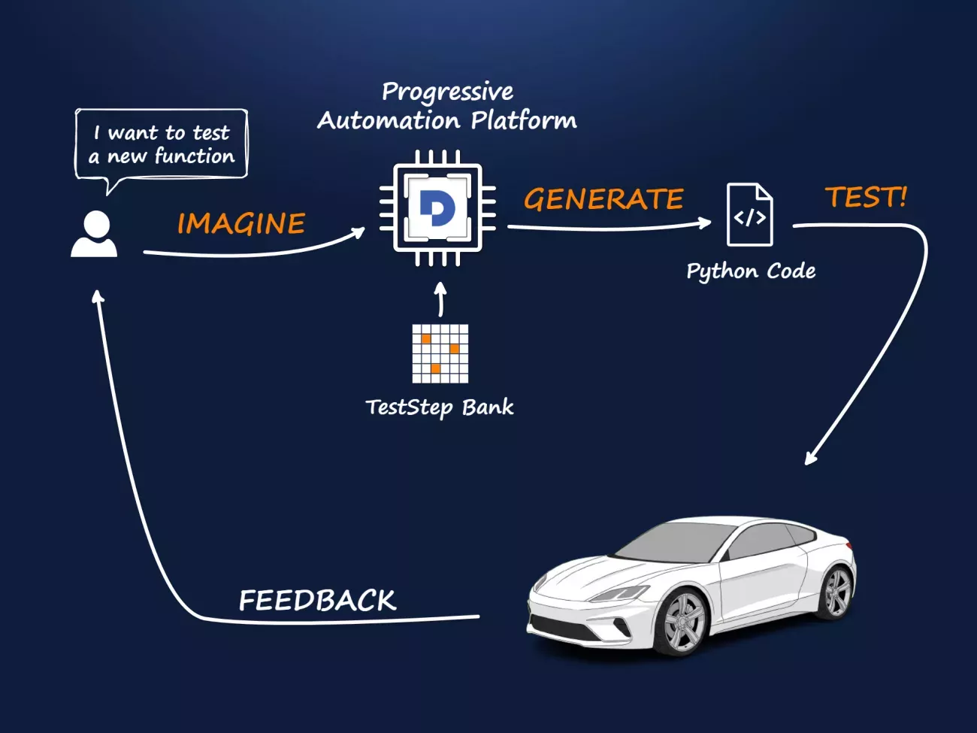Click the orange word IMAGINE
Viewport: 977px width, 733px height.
pos(241,223)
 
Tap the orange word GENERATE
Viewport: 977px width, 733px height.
pos(603,199)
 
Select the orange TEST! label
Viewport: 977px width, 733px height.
pos(866,197)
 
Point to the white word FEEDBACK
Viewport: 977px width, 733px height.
pos(317,600)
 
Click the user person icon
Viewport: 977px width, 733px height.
pos(95,235)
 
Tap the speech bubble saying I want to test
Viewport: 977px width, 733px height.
pos(161,145)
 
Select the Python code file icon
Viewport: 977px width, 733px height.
pos(749,215)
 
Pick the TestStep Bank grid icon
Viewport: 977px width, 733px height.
pos(440,353)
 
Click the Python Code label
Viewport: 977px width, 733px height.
pos(751,271)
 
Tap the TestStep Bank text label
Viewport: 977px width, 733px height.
pos(440,407)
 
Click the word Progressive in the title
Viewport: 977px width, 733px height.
pos(447,92)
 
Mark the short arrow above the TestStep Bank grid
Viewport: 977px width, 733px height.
pos(441,299)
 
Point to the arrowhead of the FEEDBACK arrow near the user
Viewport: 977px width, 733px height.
pos(97,296)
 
